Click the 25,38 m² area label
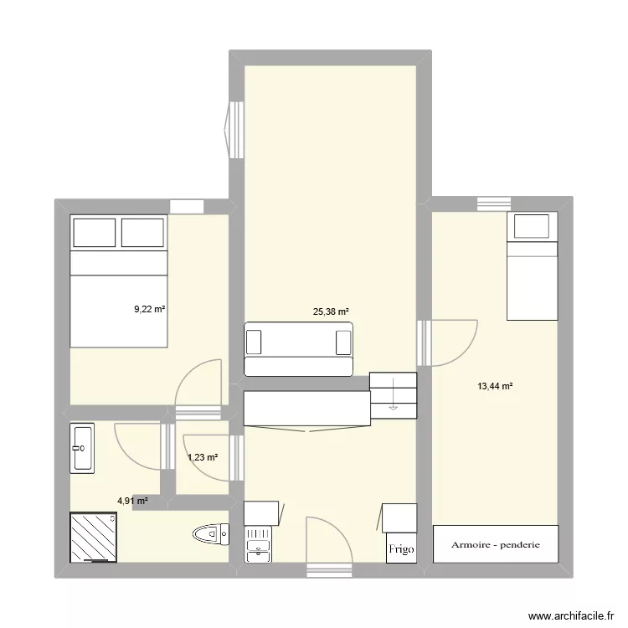[331, 311]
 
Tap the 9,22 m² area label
[150, 309]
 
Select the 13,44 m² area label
[494, 386]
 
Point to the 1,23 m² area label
[202, 457]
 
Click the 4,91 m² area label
[132, 501]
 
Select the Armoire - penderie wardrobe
[495, 544]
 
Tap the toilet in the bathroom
[210, 533]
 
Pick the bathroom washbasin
[83, 448]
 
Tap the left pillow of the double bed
[93, 232]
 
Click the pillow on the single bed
[533, 226]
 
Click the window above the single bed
[494, 203]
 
